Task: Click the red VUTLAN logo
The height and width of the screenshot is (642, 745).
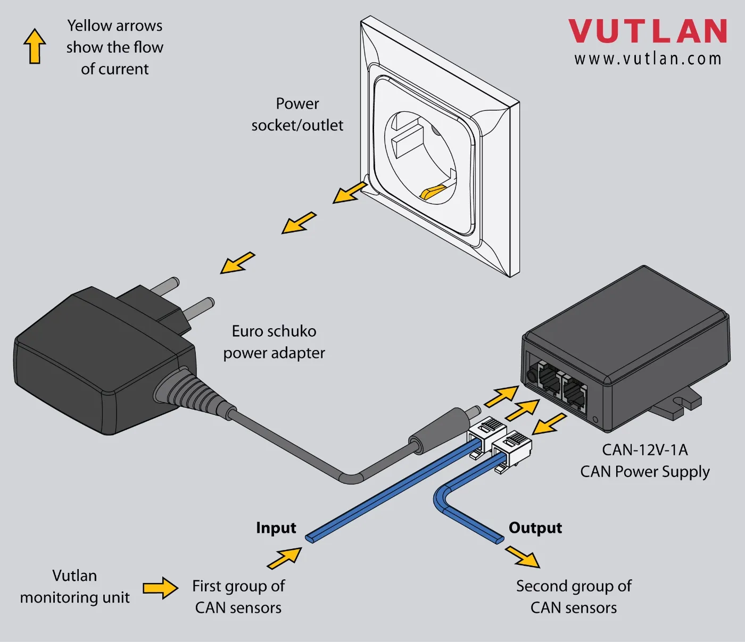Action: coord(648,31)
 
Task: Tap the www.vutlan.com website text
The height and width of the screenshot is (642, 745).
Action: coord(648,59)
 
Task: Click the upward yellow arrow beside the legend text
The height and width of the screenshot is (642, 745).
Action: coord(35,46)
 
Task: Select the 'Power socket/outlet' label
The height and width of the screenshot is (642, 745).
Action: coord(297,114)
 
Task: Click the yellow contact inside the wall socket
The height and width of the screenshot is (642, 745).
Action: coord(433,191)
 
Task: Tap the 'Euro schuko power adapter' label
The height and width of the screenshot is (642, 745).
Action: coord(274,342)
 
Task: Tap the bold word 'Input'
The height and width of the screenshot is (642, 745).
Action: coord(276,528)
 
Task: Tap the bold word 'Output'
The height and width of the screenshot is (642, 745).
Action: coord(535,528)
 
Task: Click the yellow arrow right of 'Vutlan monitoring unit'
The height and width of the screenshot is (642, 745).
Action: coord(160,588)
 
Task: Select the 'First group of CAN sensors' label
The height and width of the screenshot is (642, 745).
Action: coord(238,596)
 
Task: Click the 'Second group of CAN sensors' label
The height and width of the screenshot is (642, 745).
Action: coord(574,596)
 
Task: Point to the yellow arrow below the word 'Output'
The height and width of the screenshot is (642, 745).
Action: coord(523,556)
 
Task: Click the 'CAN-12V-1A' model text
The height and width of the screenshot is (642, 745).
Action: coord(644,450)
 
